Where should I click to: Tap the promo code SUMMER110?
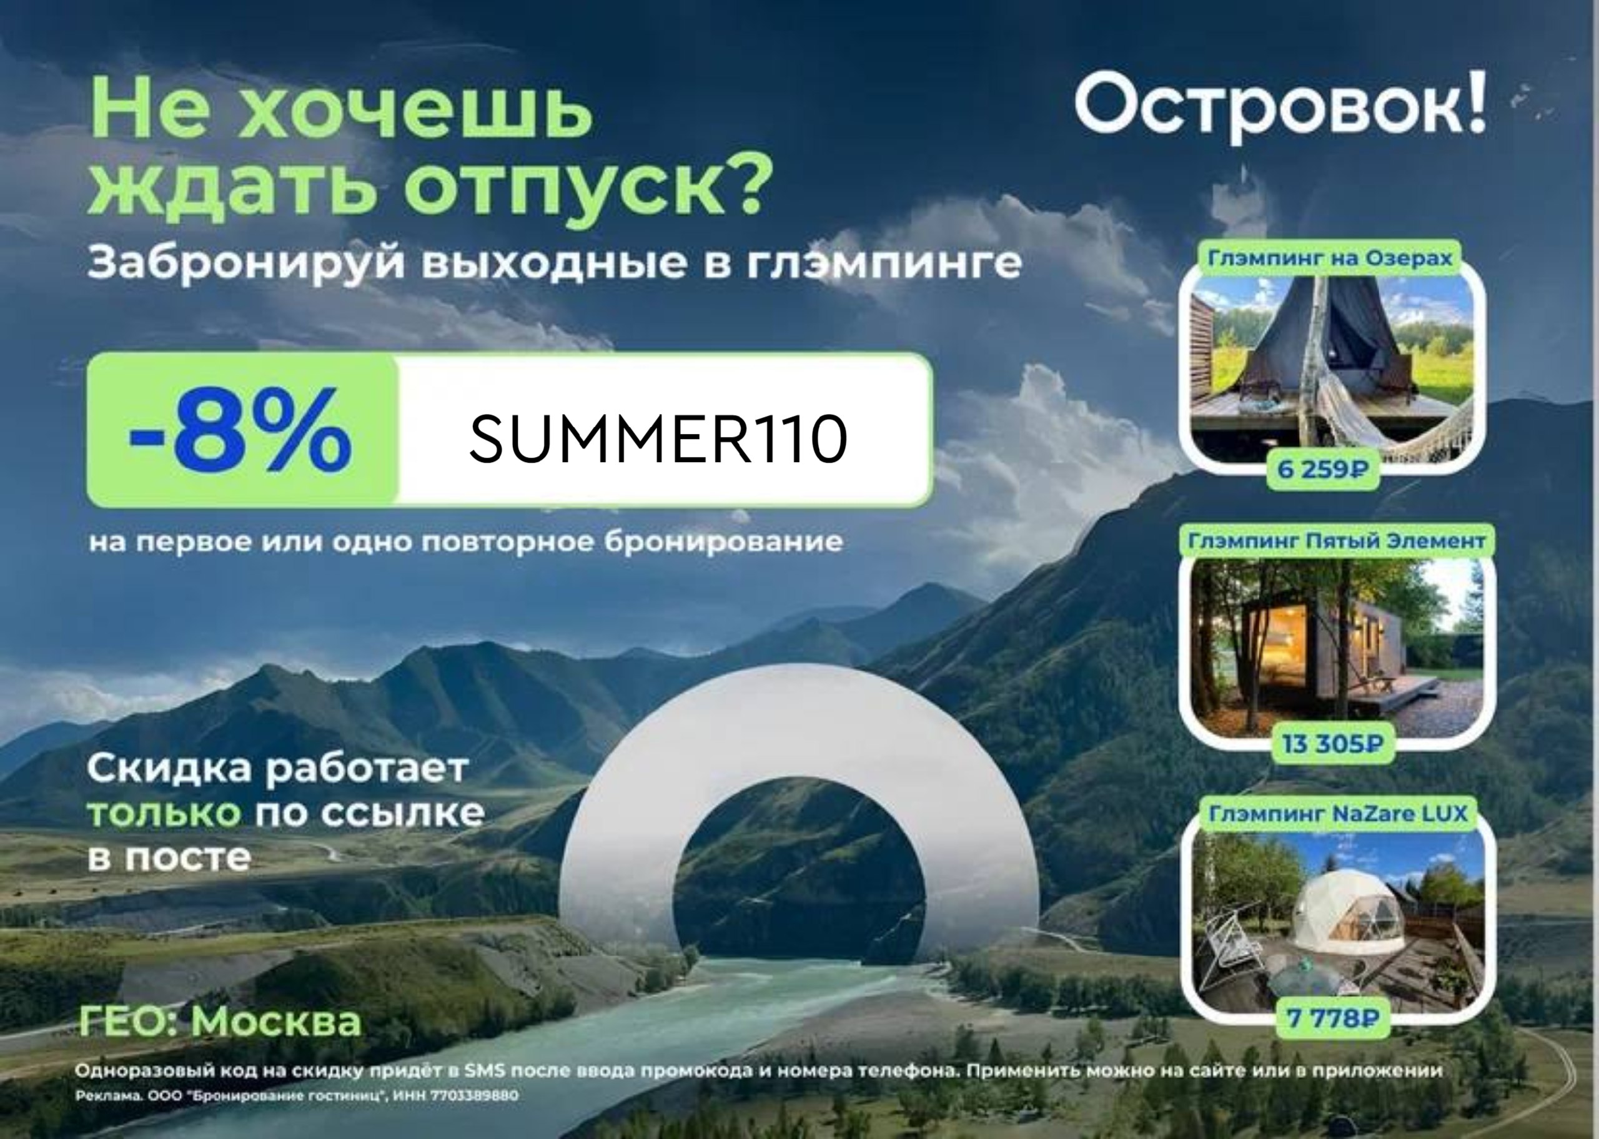[658, 438]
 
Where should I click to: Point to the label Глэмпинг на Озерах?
[1330, 258]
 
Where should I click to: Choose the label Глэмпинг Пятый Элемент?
[1337, 541]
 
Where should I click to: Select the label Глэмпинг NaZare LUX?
[1338, 814]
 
